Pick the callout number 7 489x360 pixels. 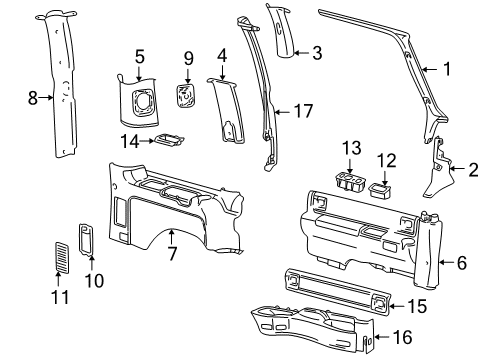coord(172,254)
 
